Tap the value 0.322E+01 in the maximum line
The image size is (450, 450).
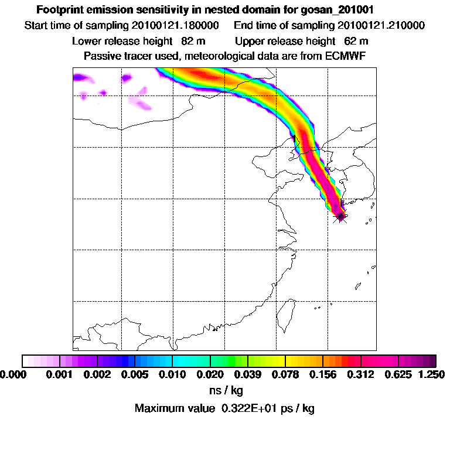click(244, 408)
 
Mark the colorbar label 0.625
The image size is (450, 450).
click(398, 374)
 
